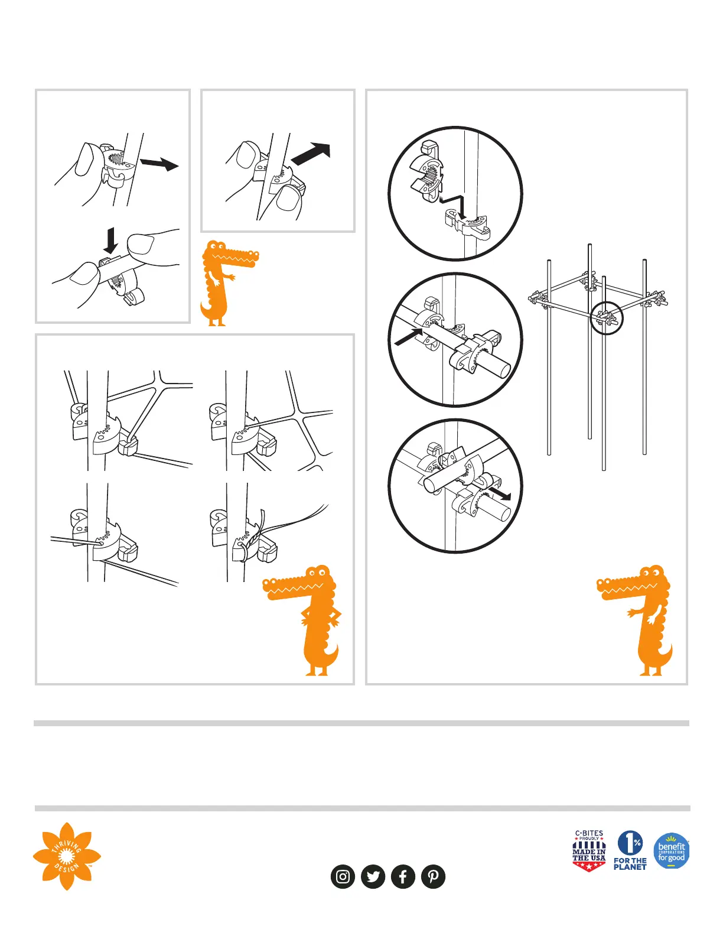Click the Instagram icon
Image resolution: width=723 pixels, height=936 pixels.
point(343,876)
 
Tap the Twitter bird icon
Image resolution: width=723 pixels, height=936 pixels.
point(373,876)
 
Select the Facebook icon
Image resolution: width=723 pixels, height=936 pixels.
point(403,876)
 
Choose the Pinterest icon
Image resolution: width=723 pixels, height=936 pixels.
point(433,876)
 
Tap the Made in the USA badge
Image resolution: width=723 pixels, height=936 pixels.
point(589,851)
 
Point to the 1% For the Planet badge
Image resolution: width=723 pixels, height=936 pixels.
point(630,850)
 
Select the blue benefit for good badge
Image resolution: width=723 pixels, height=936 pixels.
point(672,850)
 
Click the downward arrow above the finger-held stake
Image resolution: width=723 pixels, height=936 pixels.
point(111,240)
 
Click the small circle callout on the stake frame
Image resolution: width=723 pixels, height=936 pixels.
point(606,318)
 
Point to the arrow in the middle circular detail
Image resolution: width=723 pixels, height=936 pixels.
point(408,337)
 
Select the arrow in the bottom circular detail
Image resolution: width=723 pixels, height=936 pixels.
point(500,493)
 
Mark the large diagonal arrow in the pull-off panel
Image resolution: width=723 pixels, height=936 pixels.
point(311,154)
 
